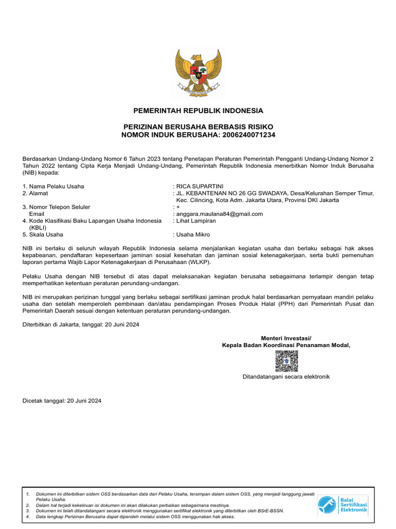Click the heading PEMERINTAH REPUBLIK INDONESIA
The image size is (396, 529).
198,111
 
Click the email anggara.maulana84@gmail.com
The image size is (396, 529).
220,214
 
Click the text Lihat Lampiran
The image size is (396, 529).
196,221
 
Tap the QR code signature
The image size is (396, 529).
286,361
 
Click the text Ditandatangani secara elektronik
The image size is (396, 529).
286,377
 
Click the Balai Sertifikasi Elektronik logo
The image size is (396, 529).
342,504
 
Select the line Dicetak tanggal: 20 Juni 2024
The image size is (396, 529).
62,401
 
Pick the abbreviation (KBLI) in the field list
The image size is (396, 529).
38,227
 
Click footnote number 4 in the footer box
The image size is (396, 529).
27,517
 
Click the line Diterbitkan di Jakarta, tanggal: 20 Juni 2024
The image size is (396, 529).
80,324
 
